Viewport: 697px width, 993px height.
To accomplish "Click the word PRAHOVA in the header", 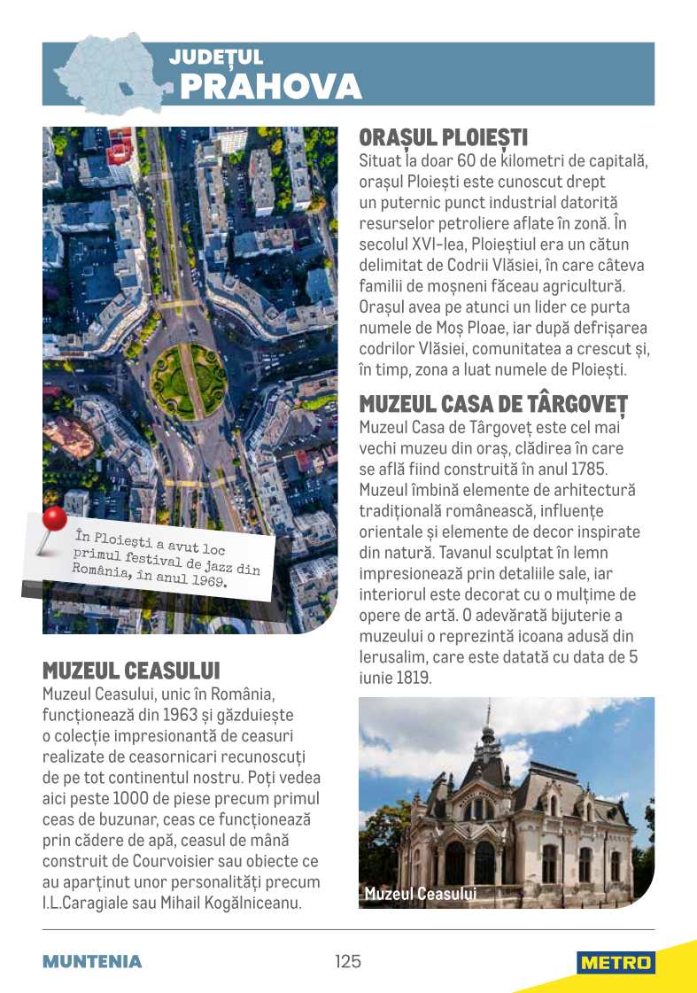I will click(x=270, y=87).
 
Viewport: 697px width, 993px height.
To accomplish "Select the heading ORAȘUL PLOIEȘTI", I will click(x=443, y=138).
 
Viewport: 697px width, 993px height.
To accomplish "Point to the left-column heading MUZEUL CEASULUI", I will click(x=131, y=669).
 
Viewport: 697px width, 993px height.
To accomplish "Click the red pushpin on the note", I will click(x=54, y=519).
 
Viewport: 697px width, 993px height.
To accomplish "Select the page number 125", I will click(x=348, y=961).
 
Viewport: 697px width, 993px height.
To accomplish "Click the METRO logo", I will click(x=616, y=963).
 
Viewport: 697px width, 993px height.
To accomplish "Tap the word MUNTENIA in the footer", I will click(x=92, y=962).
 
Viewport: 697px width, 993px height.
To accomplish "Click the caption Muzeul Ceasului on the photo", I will click(x=420, y=894).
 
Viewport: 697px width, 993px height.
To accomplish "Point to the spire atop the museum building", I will click(x=487, y=718).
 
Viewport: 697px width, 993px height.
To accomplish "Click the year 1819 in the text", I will click(x=437, y=679).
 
